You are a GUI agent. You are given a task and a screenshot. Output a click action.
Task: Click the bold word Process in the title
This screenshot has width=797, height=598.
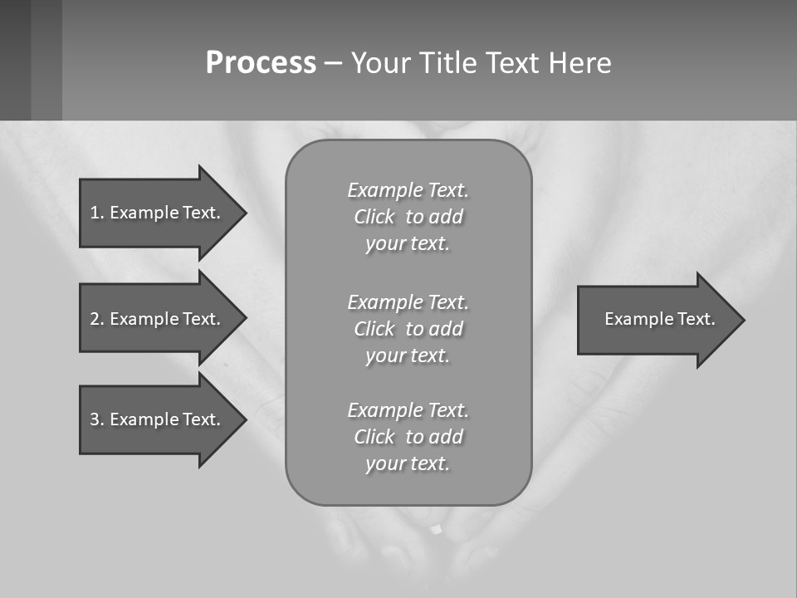click(x=261, y=62)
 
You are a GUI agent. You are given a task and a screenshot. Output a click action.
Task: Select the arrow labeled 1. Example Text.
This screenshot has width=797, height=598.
click(x=158, y=213)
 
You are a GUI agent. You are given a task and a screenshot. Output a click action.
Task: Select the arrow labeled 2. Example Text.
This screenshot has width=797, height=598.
click(x=158, y=319)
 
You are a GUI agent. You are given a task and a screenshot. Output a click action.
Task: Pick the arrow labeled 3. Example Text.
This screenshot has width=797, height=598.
click(x=158, y=419)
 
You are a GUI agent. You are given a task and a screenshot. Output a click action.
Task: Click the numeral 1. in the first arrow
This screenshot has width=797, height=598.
click(x=96, y=213)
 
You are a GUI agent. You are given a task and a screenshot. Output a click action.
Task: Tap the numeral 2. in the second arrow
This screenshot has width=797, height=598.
click(x=96, y=319)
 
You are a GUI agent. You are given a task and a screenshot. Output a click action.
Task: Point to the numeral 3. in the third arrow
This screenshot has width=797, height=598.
click(x=96, y=419)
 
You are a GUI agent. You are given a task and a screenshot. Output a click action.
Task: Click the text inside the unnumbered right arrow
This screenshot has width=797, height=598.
click(x=659, y=319)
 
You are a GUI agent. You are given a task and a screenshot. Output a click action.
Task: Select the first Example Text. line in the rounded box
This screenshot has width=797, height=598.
click(x=408, y=190)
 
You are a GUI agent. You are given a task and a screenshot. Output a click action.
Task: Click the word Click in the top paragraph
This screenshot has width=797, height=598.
click(x=374, y=217)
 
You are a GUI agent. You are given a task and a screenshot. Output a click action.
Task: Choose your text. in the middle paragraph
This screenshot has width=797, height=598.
click(x=408, y=355)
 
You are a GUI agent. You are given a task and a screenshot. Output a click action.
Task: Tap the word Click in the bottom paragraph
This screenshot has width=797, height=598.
click(x=374, y=437)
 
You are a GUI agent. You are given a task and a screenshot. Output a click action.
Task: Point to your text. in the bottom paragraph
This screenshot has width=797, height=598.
click(x=408, y=463)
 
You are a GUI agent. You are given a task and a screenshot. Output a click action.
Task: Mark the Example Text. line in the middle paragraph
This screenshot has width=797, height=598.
click(x=408, y=301)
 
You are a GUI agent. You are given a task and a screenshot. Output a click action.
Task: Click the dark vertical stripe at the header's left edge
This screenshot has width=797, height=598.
click(x=15, y=60)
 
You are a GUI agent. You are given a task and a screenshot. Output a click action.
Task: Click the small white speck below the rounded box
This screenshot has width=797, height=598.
click(x=436, y=529)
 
